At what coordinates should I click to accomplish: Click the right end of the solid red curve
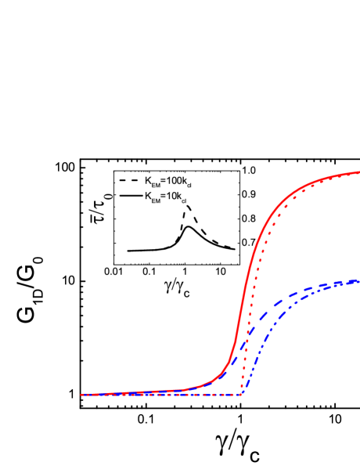tap(359, 172)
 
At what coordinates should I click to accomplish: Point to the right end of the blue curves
tap(358, 280)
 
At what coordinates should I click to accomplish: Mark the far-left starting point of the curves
tap(81, 394)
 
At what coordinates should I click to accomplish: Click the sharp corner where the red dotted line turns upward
tap(243, 392)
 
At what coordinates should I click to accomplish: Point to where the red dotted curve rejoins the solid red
tap(313, 183)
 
